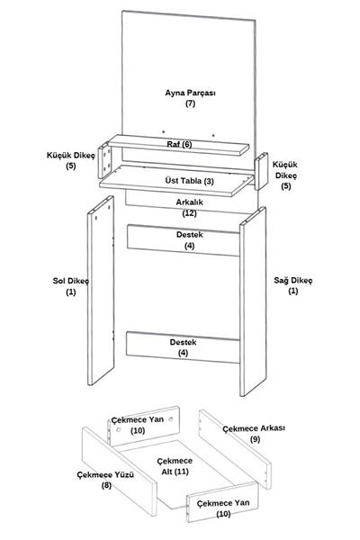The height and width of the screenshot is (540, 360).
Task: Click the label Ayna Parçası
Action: click(x=190, y=93)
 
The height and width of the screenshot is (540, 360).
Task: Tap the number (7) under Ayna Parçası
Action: click(x=190, y=103)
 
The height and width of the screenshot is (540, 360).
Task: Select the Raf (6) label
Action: click(x=179, y=144)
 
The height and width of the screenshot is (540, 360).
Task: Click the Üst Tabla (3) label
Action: click(x=189, y=181)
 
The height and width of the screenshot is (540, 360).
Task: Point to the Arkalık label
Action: click(x=190, y=202)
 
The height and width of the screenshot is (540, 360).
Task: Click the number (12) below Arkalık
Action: click(x=190, y=213)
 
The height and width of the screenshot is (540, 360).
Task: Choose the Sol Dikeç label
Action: click(x=70, y=281)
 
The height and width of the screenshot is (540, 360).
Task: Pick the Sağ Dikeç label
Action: click(x=292, y=280)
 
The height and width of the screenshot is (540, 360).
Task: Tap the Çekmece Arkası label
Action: click(x=254, y=428)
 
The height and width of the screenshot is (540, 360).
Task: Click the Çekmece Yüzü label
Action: click(x=105, y=475)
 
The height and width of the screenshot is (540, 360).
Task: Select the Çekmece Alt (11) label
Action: click(x=175, y=466)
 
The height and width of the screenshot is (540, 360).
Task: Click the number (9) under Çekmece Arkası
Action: click(x=255, y=439)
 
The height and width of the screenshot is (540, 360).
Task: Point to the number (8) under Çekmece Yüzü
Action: click(x=106, y=486)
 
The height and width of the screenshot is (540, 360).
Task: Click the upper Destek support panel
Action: click(x=184, y=240)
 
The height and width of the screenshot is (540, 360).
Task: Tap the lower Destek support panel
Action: click(x=183, y=347)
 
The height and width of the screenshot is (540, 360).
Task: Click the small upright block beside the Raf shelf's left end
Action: click(x=104, y=160)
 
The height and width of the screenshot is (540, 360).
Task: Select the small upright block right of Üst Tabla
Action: click(x=261, y=171)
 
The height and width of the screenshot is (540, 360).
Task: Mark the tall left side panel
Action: click(x=101, y=291)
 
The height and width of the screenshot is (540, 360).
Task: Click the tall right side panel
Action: click(x=253, y=301)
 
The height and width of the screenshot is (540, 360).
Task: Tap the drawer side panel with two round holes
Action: click(x=144, y=426)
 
